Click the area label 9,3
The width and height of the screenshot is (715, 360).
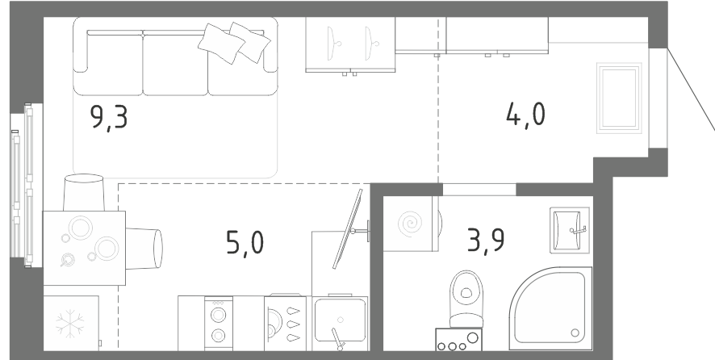(109, 117)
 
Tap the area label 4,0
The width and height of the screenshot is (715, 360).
(525, 114)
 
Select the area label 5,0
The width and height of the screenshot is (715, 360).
(245, 242)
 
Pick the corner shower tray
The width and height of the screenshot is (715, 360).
(550, 308)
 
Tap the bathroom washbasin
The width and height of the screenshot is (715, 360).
(570, 230)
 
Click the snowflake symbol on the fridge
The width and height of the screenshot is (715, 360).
(69, 324)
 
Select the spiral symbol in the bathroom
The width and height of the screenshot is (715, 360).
(409, 223)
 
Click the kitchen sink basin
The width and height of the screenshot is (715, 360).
(341, 320)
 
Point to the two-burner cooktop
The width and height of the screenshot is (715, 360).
(219, 324)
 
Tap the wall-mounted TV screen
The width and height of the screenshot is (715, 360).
(348, 228)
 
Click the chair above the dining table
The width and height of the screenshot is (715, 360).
(84, 192)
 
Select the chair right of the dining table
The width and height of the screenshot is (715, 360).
(144, 249)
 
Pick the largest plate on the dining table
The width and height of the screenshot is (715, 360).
(107, 249)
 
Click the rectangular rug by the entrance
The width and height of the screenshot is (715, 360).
(619, 98)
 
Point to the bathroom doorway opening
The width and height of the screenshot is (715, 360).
(479, 190)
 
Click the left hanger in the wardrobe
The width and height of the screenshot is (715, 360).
(334, 44)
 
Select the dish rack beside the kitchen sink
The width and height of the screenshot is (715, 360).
(285, 324)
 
